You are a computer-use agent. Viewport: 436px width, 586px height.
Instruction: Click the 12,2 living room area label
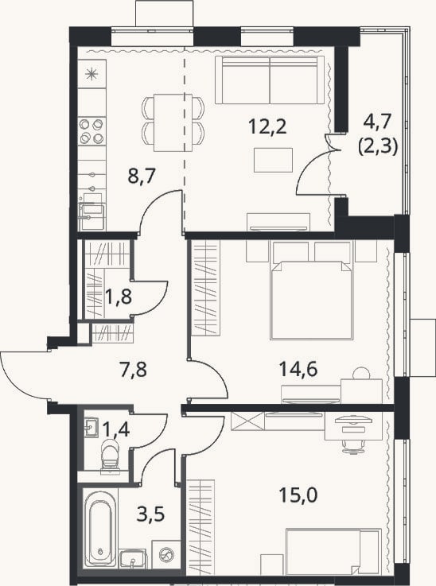click(268, 127)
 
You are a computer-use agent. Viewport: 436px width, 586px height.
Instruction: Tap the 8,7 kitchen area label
click(142, 176)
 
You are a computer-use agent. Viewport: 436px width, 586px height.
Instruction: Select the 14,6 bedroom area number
click(298, 369)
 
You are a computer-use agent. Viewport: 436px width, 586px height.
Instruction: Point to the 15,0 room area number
click(298, 495)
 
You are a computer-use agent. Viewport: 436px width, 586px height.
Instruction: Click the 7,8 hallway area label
click(134, 369)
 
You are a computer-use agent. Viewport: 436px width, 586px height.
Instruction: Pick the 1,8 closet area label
click(119, 297)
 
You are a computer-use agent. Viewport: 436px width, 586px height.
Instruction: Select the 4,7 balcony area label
click(377, 122)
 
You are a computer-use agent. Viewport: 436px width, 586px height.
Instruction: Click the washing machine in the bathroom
click(165, 554)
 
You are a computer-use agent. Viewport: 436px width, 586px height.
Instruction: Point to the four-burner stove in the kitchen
click(92, 131)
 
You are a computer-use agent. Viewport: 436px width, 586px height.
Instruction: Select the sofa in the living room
click(270, 80)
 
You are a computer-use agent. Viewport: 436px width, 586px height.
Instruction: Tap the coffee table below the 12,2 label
click(273, 160)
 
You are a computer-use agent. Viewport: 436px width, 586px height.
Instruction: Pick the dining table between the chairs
click(173, 122)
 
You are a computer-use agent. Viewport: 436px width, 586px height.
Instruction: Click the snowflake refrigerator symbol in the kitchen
click(91, 74)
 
